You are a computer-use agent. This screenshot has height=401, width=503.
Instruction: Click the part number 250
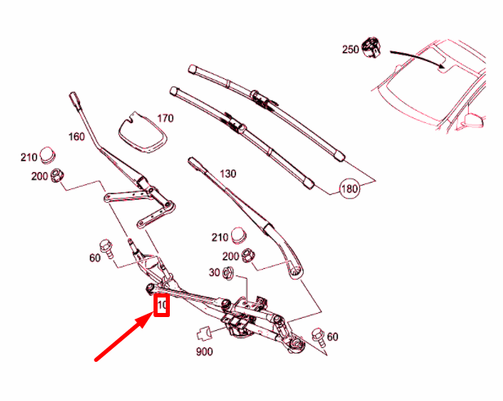point(350,50)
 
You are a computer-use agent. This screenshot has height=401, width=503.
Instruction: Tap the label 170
point(166,118)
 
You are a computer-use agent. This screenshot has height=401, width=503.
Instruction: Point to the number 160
point(77,137)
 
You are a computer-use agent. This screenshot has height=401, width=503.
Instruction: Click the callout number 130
point(227,174)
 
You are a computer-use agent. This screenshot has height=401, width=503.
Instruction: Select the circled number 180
point(350,188)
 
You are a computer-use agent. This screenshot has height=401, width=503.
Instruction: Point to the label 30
point(215,272)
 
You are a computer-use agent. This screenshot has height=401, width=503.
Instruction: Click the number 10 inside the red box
point(162,306)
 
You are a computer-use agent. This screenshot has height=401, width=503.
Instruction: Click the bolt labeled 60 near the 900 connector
point(317,333)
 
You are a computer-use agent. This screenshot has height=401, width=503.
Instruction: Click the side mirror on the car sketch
point(472,121)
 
